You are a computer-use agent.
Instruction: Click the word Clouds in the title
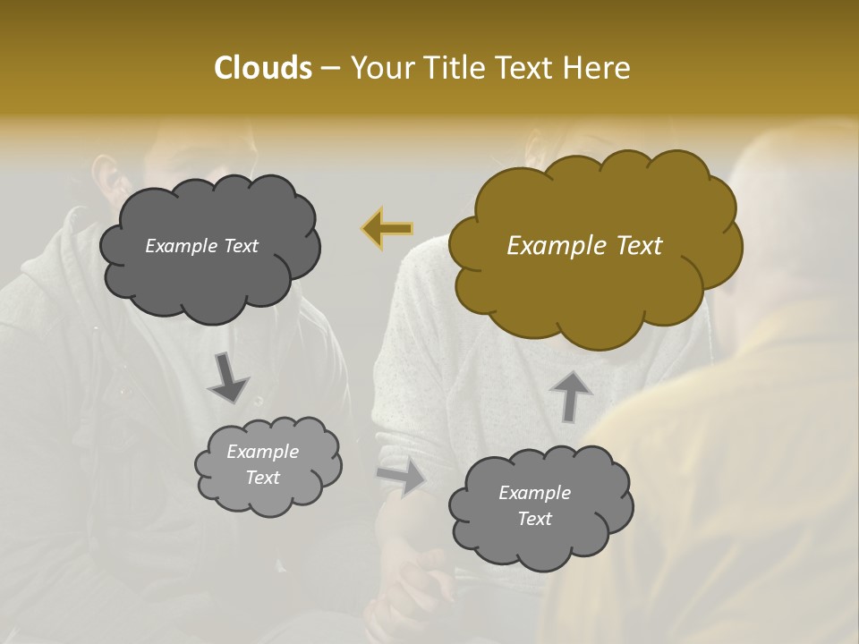click(x=262, y=68)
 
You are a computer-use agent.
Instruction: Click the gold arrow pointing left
click(x=387, y=229)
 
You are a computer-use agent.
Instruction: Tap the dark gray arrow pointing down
click(x=229, y=376)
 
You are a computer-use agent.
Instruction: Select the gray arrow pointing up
click(x=570, y=395)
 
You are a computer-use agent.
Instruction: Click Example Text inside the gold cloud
click(x=584, y=246)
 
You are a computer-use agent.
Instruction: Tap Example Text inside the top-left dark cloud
click(x=201, y=246)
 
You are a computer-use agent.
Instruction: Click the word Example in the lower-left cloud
click(x=263, y=452)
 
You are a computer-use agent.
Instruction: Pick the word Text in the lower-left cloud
click(x=263, y=478)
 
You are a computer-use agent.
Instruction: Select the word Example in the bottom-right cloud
click(x=534, y=493)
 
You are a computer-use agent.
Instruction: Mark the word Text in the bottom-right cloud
click(x=534, y=519)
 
